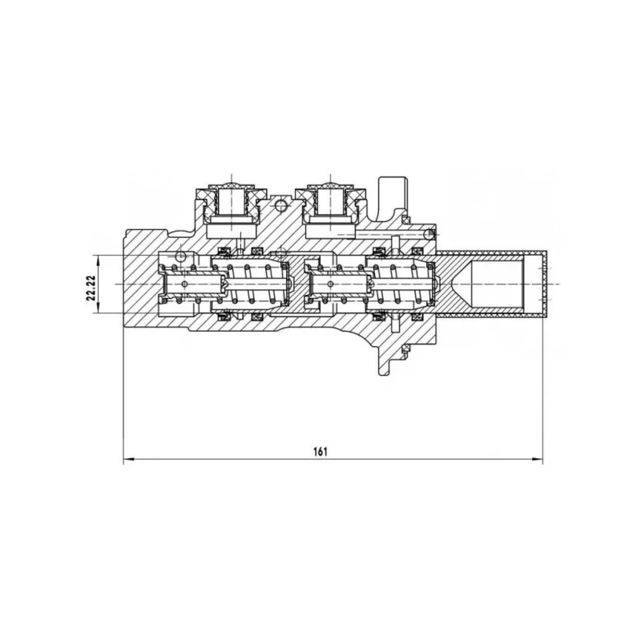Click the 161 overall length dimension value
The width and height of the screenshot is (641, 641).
(320, 452)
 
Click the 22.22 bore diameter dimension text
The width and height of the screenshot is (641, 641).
(91, 288)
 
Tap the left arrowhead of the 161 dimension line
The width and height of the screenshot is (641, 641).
(128, 459)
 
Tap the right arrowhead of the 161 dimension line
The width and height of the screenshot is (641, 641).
(538, 459)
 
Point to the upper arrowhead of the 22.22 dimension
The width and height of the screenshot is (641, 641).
(99, 259)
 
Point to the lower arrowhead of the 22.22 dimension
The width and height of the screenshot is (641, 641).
(99, 308)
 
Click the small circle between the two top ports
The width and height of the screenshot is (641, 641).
(281, 206)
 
